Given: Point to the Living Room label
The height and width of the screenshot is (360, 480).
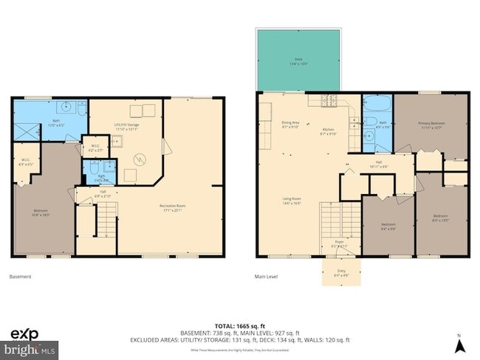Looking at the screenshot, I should tap(292, 200).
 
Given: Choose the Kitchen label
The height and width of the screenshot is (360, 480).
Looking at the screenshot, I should tap(328, 131).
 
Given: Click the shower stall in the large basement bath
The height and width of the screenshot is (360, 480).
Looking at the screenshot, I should tap(27, 131).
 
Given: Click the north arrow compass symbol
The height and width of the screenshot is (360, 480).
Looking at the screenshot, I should tap(459, 343).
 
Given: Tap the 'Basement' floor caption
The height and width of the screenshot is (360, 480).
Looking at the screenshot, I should tap(21, 277).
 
